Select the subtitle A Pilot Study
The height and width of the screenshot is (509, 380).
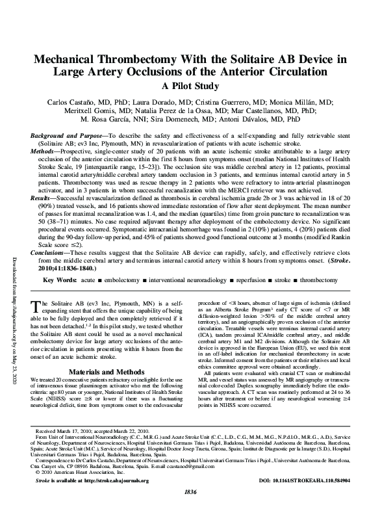190,86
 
